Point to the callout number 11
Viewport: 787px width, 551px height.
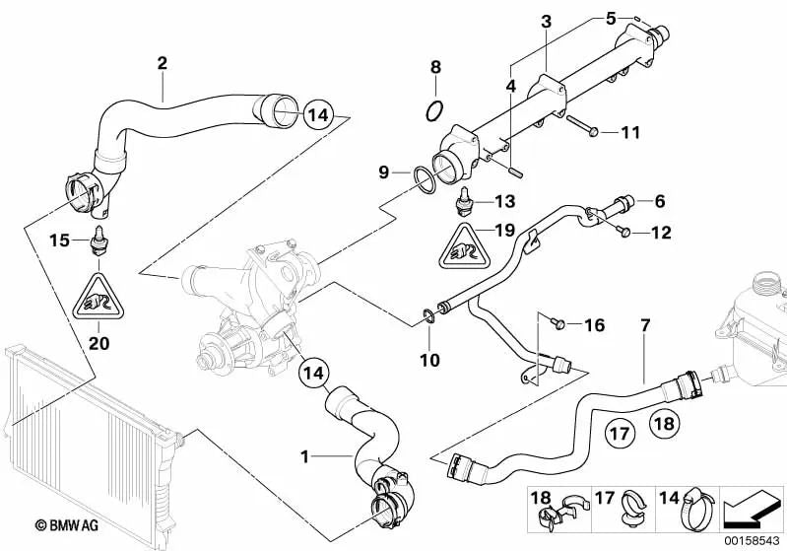(629, 131)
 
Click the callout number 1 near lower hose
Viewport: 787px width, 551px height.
(305, 456)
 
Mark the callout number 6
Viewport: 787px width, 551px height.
(658, 201)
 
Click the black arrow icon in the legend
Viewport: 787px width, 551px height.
(753, 507)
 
